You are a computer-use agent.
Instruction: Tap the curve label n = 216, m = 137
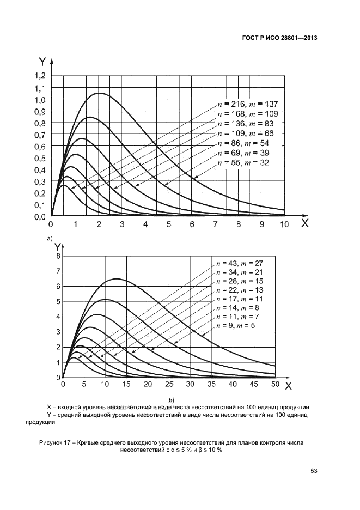[248, 104]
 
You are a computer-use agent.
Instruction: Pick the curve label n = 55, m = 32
[243, 162]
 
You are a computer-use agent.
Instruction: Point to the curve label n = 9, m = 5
[236, 325]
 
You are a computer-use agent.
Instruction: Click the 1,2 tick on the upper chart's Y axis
[39, 76]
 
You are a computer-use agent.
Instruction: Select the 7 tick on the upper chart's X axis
[215, 224]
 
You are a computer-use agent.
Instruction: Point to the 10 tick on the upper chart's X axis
[284, 224]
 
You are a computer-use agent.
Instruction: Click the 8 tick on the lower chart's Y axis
[58, 256]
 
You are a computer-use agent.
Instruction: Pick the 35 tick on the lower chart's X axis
[190, 385]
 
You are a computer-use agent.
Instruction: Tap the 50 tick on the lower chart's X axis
[275, 385]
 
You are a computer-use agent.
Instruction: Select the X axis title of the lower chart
[289, 386]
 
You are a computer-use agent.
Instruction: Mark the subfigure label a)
[50, 239]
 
